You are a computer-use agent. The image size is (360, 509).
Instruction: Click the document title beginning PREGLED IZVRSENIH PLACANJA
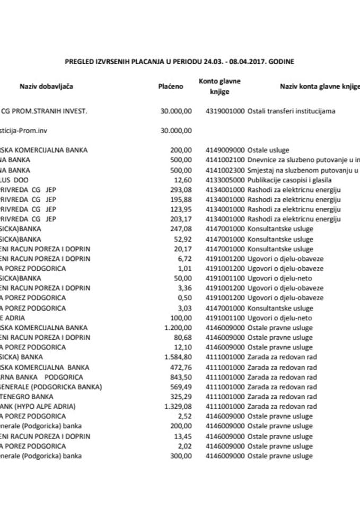click(179, 62)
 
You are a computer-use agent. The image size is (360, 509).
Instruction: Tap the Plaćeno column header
click(171, 86)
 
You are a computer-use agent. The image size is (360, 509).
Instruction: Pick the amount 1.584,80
click(178, 357)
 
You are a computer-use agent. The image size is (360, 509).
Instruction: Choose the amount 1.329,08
click(178, 406)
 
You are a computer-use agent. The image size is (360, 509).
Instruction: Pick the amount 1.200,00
click(178, 328)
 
